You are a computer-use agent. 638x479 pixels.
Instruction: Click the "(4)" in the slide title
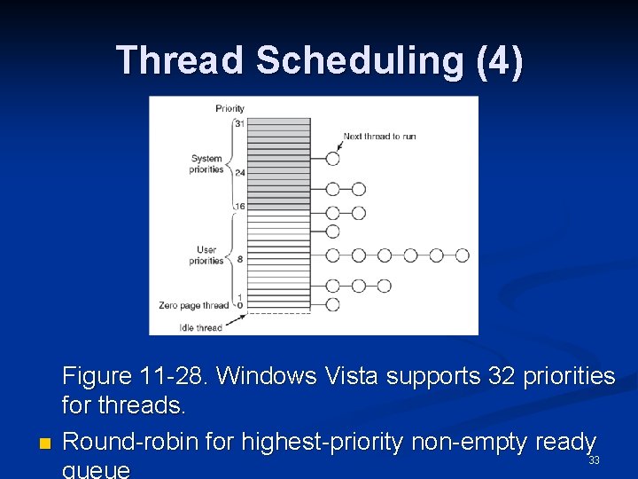click(499, 61)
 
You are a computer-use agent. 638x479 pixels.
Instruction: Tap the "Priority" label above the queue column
click(230, 108)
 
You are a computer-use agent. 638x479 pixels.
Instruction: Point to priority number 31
click(239, 123)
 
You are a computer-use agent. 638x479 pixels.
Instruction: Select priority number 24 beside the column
click(239, 172)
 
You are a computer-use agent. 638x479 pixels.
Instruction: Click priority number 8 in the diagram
click(239, 258)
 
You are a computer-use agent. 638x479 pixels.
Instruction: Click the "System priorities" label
click(206, 164)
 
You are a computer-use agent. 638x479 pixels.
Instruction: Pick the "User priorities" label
click(206, 255)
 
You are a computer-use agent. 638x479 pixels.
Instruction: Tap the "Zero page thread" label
click(194, 305)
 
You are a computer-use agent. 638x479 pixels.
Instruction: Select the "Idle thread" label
click(201, 327)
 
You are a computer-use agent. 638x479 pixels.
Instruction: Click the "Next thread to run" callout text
click(379, 137)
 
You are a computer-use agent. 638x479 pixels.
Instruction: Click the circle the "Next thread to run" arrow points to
click(332, 159)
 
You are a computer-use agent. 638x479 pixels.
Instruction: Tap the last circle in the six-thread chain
click(462, 255)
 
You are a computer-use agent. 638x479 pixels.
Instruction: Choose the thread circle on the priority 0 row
click(332, 304)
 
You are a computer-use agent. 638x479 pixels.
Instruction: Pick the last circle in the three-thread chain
click(384, 286)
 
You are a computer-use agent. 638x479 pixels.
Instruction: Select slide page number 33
click(594, 459)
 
